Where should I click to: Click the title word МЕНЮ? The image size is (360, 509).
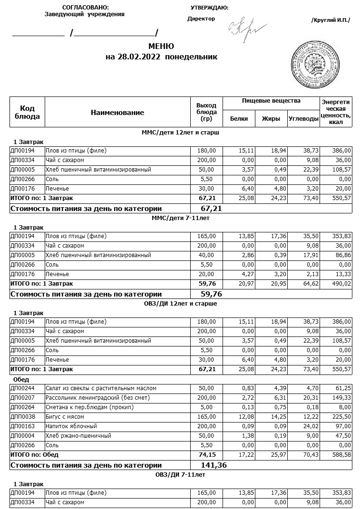click(x=161, y=47)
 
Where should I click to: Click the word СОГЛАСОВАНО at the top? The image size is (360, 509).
click(x=85, y=8)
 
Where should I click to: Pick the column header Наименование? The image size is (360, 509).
click(x=117, y=113)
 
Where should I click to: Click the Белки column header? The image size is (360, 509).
click(x=239, y=119)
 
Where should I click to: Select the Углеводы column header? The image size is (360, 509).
click(x=303, y=119)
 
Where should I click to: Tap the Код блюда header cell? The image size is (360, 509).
click(x=28, y=113)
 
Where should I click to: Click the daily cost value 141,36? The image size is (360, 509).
click(x=214, y=465)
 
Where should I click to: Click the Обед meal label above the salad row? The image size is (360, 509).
click(x=21, y=380)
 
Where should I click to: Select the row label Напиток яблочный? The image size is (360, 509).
click(x=71, y=426)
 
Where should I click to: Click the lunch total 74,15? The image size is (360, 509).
click(x=207, y=455)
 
